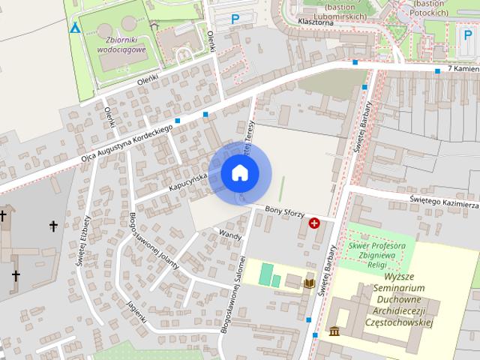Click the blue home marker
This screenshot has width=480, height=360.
click(240, 173)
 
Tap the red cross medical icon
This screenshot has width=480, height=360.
click(314, 223)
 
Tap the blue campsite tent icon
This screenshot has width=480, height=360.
click(74, 28)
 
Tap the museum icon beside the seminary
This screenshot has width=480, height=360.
click(333, 331)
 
